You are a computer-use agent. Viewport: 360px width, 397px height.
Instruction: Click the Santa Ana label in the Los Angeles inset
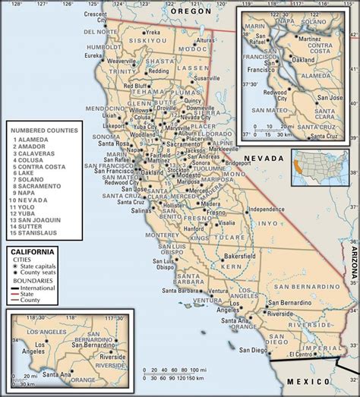click(49, 374)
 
